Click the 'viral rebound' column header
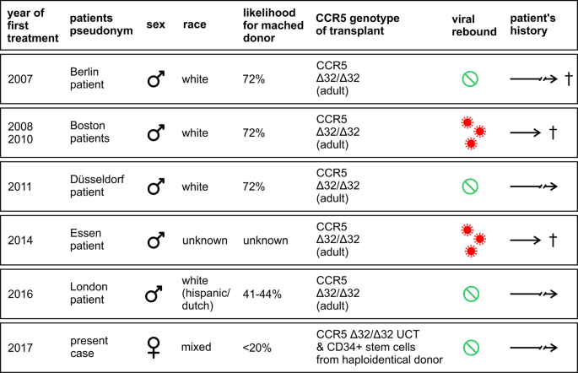(474, 25)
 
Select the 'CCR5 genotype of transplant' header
(358, 24)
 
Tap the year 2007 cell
(20, 78)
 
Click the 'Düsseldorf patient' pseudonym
(97, 186)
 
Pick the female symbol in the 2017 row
(154, 348)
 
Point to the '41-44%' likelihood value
(262, 295)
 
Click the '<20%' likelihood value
(257, 348)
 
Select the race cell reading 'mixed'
(196, 347)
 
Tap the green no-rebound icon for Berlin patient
(470, 78)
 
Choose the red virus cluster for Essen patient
(473, 241)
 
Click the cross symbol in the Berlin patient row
(569, 78)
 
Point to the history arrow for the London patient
(534, 295)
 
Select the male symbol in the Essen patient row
(155, 240)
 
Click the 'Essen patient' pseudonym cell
(87, 240)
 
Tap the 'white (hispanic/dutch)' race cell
(206, 294)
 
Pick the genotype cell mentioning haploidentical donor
(380, 347)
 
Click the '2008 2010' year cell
(20, 132)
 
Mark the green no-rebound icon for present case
(471, 348)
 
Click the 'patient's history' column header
(532, 24)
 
